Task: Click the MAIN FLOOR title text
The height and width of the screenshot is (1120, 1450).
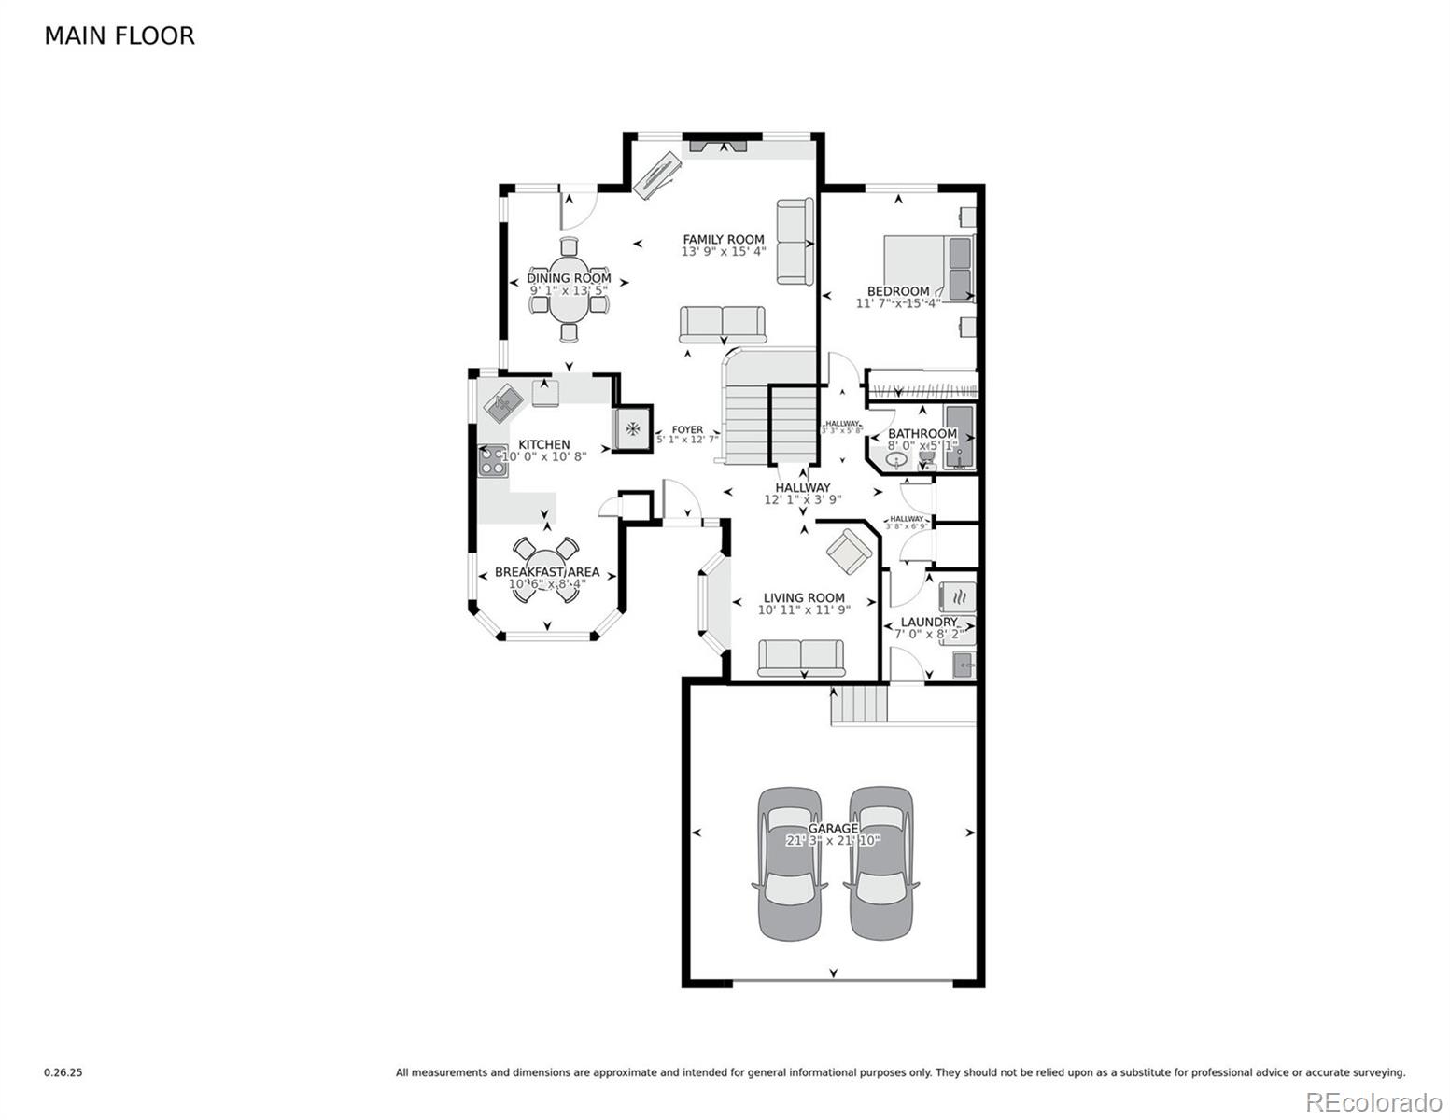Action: [120, 36]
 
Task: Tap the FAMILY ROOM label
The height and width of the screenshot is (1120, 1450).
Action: [723, 240]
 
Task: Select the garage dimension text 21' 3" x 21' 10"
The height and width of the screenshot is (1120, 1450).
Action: [833, 841]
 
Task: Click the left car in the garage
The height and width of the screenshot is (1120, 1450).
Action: [789, 862]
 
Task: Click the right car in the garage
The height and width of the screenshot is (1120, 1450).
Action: [880, 862]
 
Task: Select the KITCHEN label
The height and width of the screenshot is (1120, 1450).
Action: [543, 445]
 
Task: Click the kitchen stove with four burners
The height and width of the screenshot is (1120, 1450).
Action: [493, 460]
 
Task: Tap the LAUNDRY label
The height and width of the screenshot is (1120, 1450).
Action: [928, 622]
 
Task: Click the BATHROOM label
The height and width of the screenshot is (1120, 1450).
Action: [922, 434]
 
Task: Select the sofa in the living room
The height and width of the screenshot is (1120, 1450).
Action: [800, 656]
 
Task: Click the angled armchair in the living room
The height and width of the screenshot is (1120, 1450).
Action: [849, 552]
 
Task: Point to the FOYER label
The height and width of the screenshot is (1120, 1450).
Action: [687, 430]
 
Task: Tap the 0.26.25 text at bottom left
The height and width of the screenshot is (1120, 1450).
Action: [63, 1073]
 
